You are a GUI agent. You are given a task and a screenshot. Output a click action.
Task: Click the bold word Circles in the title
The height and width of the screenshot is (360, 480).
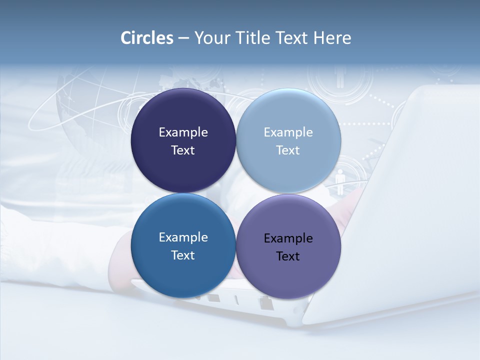point(147,38)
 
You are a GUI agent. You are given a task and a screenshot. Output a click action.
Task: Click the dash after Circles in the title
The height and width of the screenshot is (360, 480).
point(183,38)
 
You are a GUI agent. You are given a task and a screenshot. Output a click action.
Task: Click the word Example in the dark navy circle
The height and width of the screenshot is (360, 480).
point(183,132)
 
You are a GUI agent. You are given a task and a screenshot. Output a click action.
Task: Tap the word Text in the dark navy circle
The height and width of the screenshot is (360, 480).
point(183,150)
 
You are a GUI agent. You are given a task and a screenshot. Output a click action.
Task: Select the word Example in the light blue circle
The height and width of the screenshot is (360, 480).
point(288,132)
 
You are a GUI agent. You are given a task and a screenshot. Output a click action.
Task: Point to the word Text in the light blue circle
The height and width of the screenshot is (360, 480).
point(288,150)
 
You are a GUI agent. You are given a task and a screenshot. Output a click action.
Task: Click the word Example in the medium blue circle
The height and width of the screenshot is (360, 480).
point(183,237)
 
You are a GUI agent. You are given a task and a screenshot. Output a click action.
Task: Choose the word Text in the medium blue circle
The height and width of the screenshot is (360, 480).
point(183,255)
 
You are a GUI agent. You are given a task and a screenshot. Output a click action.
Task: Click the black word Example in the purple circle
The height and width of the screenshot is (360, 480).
point(288,238)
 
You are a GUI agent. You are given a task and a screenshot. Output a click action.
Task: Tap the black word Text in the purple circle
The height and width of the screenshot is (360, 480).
point(288,256)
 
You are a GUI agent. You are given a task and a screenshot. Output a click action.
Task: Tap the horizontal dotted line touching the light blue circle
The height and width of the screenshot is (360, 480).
point(365,123)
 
